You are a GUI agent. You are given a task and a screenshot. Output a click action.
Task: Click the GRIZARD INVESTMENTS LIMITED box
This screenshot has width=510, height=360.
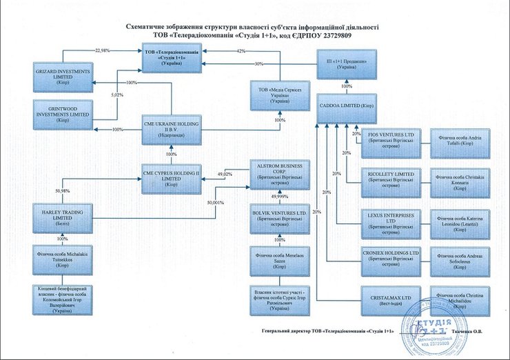pos(62,74)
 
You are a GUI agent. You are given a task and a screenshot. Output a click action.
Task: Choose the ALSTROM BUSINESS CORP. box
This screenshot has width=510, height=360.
pos(279,172)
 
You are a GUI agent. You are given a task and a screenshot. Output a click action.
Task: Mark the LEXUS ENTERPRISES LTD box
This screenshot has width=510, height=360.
pos(391,222)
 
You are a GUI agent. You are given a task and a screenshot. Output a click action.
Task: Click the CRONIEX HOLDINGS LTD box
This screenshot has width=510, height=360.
pos(391,259)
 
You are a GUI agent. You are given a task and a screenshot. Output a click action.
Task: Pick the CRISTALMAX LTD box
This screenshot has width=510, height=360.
pos(391,299)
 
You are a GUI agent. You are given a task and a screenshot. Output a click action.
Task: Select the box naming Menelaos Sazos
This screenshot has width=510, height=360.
pos(279,259)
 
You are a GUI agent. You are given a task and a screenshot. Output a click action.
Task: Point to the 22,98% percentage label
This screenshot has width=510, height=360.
pos(102,50)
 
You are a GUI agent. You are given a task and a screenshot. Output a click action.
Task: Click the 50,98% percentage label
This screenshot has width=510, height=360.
pos(63,191)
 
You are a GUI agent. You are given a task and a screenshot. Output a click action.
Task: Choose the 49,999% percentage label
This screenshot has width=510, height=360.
pos(279,197)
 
